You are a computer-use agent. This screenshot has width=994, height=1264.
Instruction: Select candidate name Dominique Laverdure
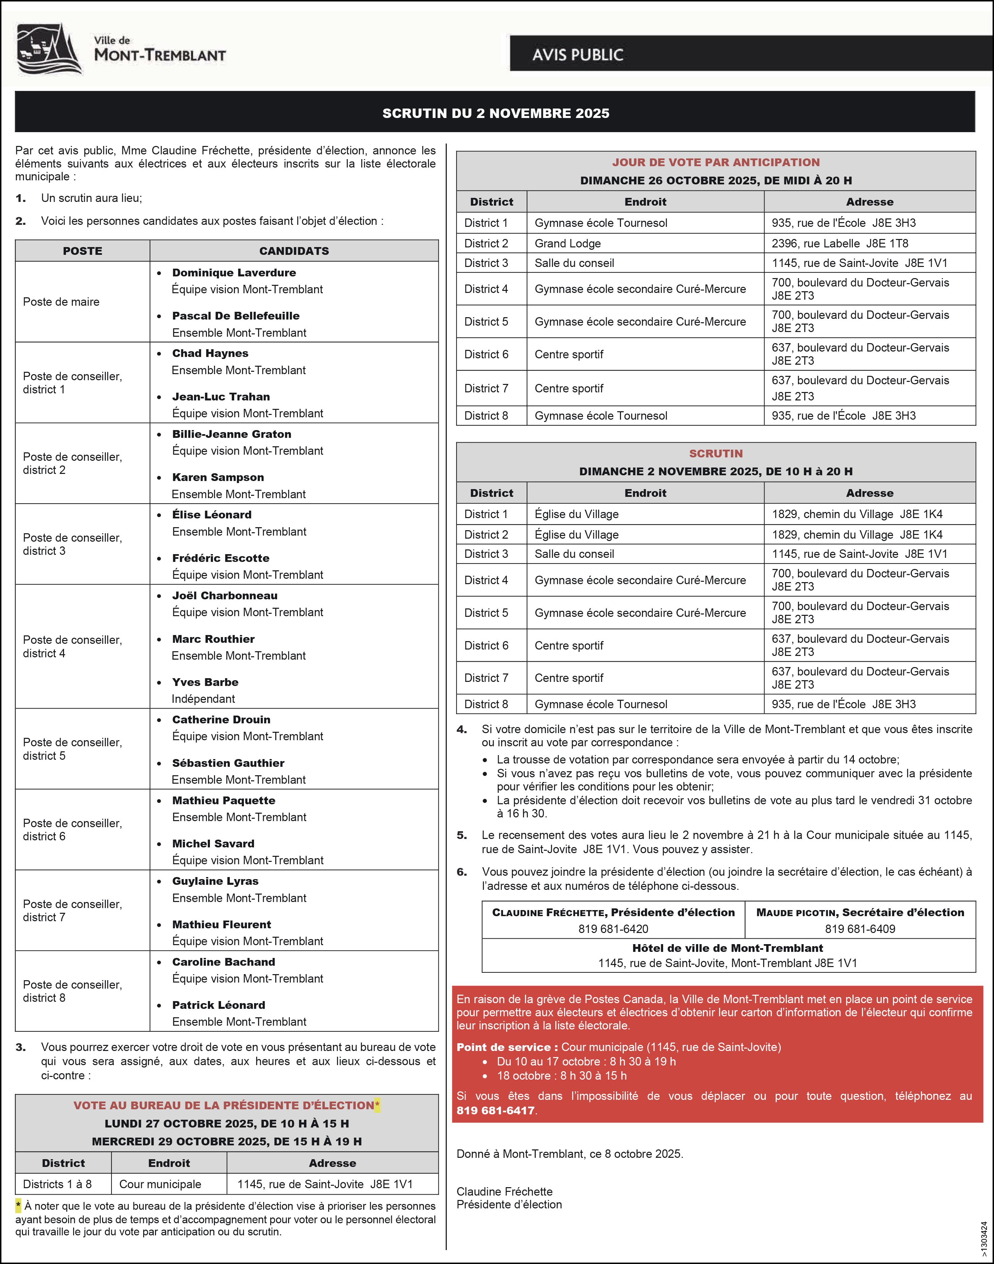(234, 272)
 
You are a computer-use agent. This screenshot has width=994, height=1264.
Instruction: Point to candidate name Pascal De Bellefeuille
(236, 315)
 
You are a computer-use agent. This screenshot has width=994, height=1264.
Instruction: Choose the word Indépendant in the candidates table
(203, 699)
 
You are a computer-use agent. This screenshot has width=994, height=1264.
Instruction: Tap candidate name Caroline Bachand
(223, 962)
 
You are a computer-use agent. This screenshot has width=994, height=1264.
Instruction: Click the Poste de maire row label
(61, 302)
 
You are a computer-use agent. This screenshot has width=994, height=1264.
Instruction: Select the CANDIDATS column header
(294, 251)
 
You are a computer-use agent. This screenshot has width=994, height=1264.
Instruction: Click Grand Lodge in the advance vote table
(567, 243)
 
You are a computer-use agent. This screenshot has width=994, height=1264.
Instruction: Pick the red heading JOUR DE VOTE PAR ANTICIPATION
(715, 162)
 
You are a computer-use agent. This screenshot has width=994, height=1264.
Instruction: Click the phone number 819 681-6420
(613, 929)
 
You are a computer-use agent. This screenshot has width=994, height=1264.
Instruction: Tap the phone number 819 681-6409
(860, 929)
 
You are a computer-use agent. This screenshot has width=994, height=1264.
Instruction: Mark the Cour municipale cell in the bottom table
(160, 1184)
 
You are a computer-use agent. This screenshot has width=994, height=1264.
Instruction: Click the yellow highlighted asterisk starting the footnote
(19, 1206)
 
